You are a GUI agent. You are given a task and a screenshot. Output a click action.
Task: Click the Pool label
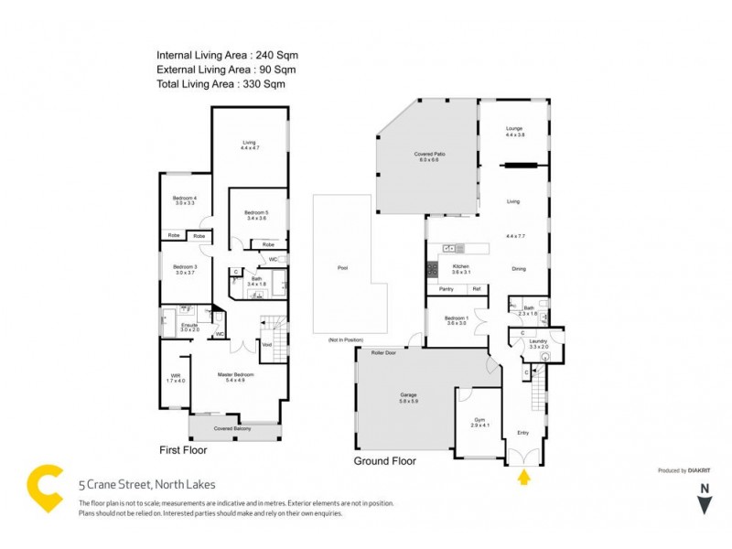(342, 268)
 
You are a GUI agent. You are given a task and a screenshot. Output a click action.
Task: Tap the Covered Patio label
(428, 156)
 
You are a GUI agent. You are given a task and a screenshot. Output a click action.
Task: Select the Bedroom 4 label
(185, 200)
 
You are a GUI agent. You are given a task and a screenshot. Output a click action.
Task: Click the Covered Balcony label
(233, 428)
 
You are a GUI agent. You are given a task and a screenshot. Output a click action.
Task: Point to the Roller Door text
(383, 351)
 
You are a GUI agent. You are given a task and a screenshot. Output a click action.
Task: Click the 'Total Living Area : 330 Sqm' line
(221, 83)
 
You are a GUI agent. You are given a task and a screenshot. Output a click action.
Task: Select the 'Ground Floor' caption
(384, 461)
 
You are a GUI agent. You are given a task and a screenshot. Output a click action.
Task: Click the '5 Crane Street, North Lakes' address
(146, 485)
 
